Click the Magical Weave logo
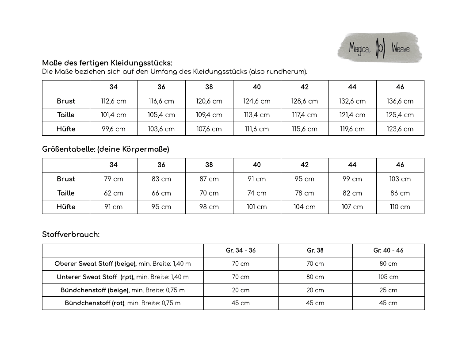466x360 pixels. coord(379,47)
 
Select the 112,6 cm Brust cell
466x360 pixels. coord(114,101)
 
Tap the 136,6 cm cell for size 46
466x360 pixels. coord(400,101)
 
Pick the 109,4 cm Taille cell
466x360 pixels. coord(209,115)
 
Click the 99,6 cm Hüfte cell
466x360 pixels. coord(114,129)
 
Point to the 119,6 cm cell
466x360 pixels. coord(352,129)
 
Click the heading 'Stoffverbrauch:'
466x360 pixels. coord(71,234)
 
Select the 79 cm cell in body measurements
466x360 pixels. coord(114,179)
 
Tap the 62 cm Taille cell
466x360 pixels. coord(114,193)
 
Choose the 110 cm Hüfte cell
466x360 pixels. coord(400,207)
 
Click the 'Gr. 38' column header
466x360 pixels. coord(315,250)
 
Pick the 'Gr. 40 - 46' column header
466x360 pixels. coord(388,250)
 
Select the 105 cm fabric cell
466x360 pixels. coord(388,277)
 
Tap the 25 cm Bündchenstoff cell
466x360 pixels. coord(388,290)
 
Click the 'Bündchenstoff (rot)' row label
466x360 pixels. coord(95,303)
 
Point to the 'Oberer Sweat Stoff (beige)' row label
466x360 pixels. coord(95,264)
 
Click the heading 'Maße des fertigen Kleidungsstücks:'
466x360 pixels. coord(107,63)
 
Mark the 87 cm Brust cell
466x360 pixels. coord(209,179)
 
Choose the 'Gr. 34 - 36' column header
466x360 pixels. coord(241,250)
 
